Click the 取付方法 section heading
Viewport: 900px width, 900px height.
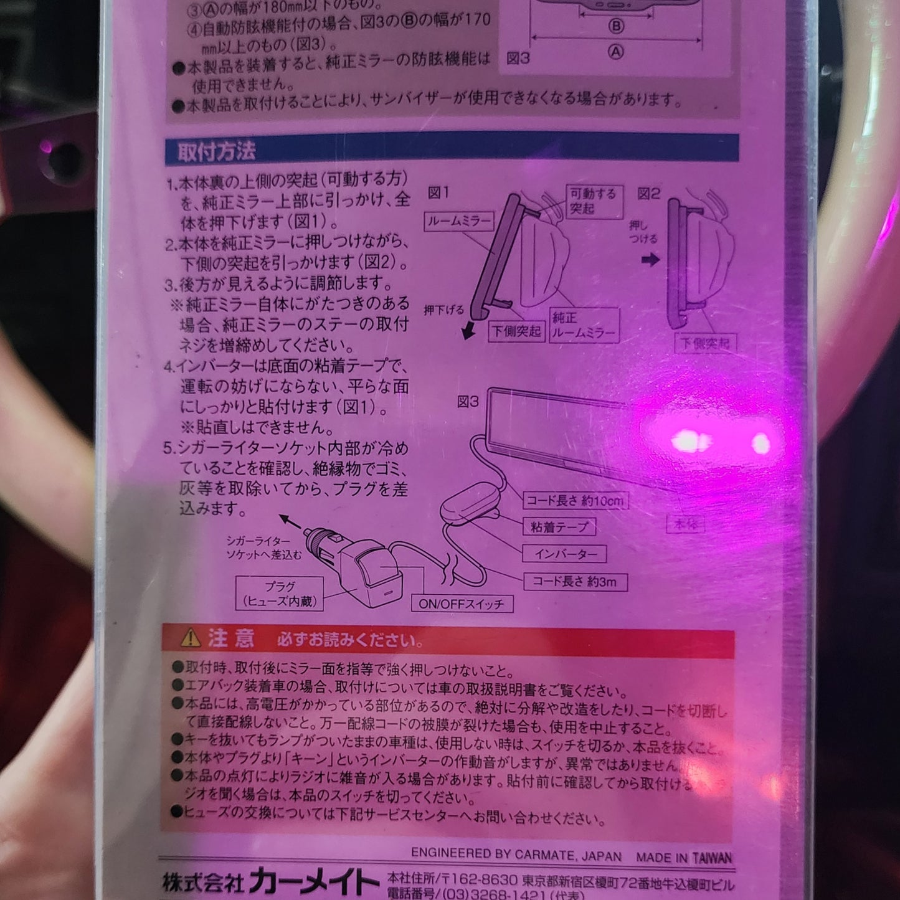216,151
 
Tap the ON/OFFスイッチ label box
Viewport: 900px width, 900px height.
462,604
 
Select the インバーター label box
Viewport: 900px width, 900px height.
566,554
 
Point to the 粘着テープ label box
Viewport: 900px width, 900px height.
558,527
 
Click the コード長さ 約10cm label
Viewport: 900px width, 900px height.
574,500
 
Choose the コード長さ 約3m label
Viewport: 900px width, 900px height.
574,582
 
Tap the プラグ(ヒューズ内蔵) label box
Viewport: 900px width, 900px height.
280,594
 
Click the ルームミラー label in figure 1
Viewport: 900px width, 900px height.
459,220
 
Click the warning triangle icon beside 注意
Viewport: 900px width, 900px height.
190,638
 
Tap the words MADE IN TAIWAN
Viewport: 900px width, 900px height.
683,857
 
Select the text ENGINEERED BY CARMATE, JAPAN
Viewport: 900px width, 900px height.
516,855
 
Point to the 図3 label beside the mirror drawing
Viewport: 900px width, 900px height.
468,402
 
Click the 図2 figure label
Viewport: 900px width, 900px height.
648,194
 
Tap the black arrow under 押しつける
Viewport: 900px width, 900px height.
651,260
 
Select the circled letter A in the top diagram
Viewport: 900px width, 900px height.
615,52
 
